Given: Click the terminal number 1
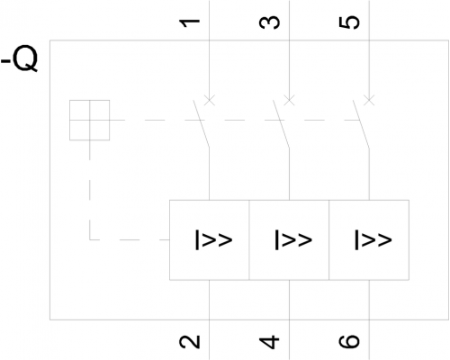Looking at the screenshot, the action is pyautogui.click(x=190, y=23).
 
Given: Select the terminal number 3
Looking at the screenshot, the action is pyautogui.click(x=269, y=23).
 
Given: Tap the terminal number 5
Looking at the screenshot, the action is pyautogui.click(x=349, y=23).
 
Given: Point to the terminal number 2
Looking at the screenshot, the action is pyautogui.click(x=190, y=342).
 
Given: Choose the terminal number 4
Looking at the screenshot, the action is pyautogui.click(x=269, y=342).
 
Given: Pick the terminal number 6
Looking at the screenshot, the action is pyautogui.click(x=349, y=341).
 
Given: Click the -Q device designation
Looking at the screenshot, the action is pyautogui.click(x=20, y=58).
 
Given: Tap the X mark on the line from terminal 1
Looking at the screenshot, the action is pyautogui.click(x=210, y=100).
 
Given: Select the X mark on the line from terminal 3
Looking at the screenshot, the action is pyautogui.click(x=289, y=100).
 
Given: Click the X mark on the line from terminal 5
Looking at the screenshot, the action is pyautogui.click(x=369, y=100).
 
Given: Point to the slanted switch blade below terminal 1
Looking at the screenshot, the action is pyautogui.click(x=202, y=124).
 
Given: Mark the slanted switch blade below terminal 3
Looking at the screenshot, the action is pyautogui.click(x=281, y=124).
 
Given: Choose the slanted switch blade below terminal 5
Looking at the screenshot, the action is pyautogui.click(x=361, y=124).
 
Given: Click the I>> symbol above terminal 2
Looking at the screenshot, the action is pyautogui.click(x=214, y=239).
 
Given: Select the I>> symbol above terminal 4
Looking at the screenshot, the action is pyautogui.click(x=293, y=239).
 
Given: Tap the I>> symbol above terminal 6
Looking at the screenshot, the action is pyautogui.click(x=373, y=239).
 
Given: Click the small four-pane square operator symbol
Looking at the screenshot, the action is pyautogui.click(x=90, y=120).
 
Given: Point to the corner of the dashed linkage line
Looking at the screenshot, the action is pyautogui.click(x=90, y=239).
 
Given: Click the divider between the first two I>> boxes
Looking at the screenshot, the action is pyautogui.click(x=249, y=240).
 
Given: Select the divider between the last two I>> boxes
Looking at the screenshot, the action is pyautogui.click(x=329, y=240).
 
